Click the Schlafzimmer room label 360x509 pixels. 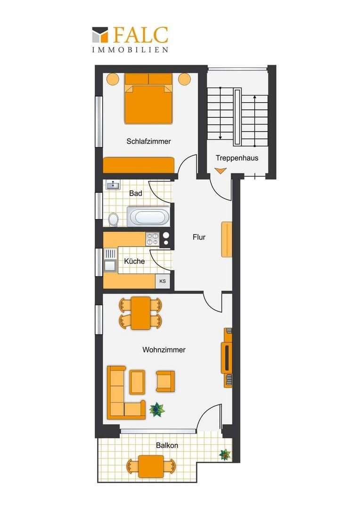click(149, 141)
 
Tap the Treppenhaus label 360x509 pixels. click(237, 158)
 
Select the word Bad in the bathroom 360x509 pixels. click(136, 193)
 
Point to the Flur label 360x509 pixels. click(199, 237)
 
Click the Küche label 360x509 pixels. click(134, 261)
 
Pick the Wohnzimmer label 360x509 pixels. click(164, 350)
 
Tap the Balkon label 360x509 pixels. click(167, 445)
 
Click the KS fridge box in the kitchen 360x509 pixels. click(163, 281)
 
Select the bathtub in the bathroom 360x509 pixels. click(148, 216)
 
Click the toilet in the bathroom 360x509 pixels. click(113, 219)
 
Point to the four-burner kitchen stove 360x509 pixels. click(152, 239)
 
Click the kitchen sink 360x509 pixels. click(110, 260)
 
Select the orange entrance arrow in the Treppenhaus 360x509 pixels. click(221, 171)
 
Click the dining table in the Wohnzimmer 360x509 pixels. click(140, 313)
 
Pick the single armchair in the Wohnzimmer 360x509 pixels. click(165, 381)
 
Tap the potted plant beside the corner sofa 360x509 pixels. click(157, 410)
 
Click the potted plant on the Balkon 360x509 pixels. click(225, 454)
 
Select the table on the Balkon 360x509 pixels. click(151, 466)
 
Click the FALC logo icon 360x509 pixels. click(100, 35)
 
